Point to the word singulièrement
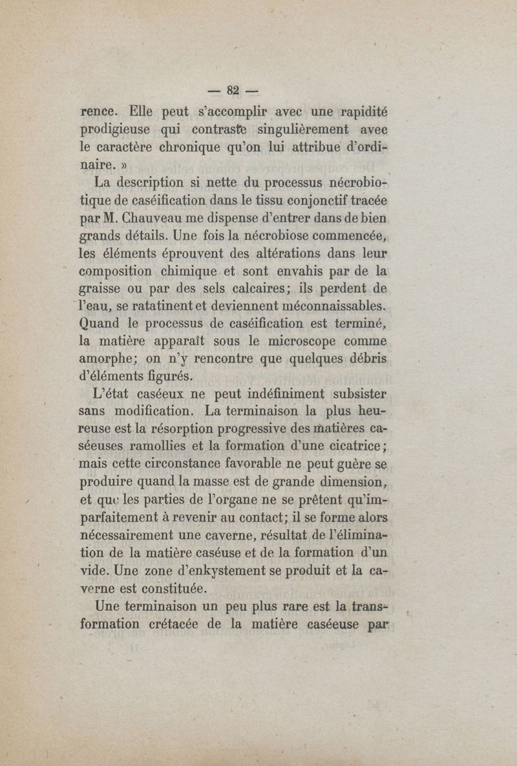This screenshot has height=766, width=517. coord(302,129)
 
